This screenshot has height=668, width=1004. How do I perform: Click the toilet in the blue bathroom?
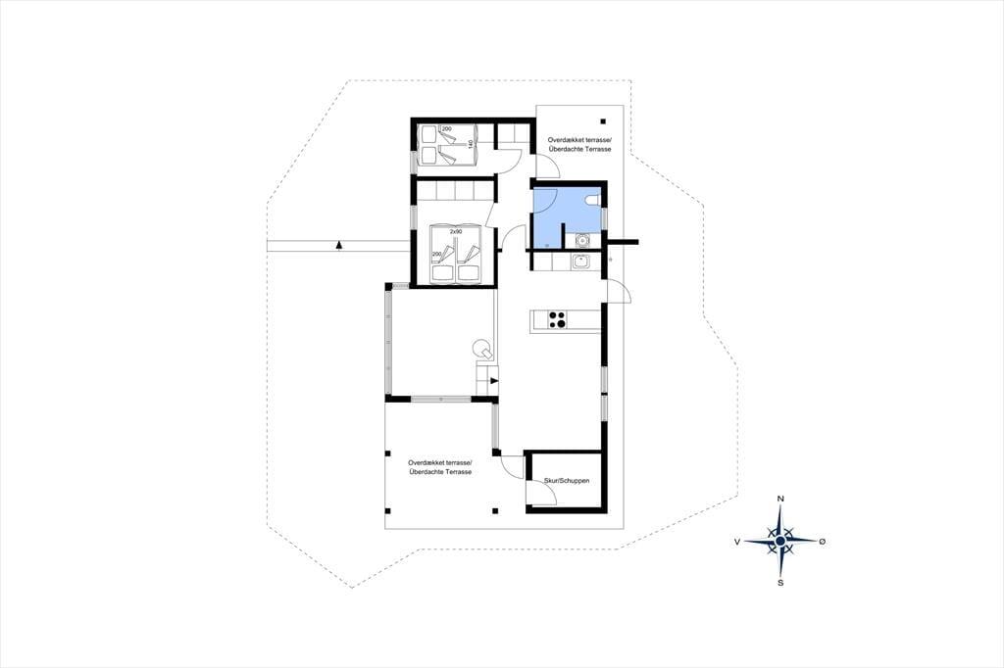pos(592,202)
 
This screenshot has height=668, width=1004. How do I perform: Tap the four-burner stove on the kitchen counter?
pos(557,319)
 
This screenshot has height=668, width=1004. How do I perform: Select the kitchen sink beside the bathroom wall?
pos(581,262)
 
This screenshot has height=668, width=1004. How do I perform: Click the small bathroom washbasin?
pos(582,241)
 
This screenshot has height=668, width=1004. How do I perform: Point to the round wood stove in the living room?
pos(482,350)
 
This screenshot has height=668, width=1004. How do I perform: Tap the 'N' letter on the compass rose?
pos(780,499)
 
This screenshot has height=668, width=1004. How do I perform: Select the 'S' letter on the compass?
pos(780,582)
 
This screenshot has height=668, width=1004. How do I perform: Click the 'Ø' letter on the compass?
pos(823,542)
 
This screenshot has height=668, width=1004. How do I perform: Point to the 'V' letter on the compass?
pos(737,542)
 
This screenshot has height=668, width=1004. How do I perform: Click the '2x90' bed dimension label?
pos(455,231)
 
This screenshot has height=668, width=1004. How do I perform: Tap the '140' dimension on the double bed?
pos(471,145)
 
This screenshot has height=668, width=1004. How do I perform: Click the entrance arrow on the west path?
pos(338,245)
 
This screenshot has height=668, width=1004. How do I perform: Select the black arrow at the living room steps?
pos(494,381)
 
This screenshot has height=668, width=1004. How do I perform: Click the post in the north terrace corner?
pos(603,120)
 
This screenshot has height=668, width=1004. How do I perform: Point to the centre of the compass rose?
pos(779,542)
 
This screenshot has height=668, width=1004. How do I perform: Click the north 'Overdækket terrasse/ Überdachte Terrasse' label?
pos(580,144)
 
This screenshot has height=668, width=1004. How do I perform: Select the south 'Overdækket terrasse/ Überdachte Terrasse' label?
pos(440,467)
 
